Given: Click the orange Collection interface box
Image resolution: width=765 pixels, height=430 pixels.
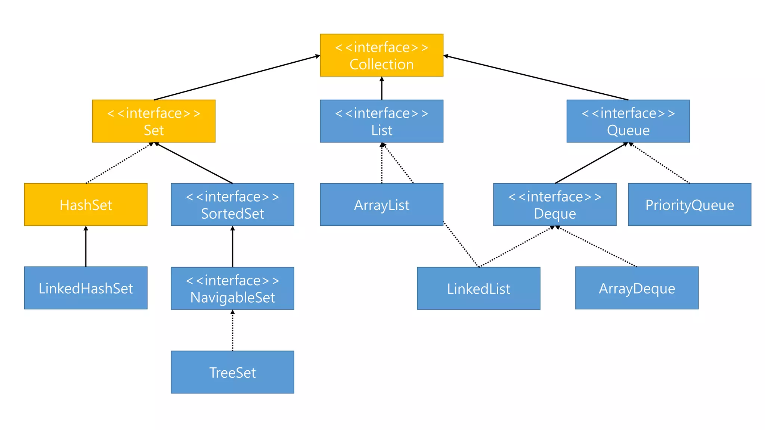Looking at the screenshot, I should [x=381, y=55].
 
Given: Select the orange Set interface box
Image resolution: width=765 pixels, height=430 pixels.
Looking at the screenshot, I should [x=154, y=121].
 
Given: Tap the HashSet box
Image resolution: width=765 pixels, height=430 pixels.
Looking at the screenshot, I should [x=86, y=205].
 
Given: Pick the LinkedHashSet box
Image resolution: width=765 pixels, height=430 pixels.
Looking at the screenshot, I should [x=86, y=288].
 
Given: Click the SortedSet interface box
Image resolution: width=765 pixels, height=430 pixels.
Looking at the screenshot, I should [x=232, y=205].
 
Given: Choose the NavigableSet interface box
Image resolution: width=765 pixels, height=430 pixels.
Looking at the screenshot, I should [x=232, y=288].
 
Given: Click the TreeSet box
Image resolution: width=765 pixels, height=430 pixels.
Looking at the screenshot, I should [x=232, y=372].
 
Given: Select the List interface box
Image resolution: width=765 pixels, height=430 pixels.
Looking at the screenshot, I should [x=381, y=121].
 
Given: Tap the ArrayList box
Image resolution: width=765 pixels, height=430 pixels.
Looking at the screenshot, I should [x=381, y=205].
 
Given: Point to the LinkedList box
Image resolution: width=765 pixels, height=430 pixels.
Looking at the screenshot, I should [x=478, y=288].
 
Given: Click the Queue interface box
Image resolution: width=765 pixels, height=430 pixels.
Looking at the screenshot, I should [x=628, y=121].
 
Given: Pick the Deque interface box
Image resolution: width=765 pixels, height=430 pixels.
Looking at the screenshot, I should [x=555, y=205].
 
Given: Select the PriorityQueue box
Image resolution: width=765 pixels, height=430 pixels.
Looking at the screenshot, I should [x=690, y=205].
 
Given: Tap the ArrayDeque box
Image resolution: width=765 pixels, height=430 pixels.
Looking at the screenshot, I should [x=637, y=288].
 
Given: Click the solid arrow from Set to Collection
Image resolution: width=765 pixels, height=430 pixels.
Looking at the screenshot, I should [x=237, y=78].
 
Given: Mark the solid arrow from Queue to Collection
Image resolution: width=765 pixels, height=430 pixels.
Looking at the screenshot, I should [x=536, y=78].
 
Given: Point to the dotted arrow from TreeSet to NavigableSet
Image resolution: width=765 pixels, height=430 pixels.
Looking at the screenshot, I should [x=232, y=330].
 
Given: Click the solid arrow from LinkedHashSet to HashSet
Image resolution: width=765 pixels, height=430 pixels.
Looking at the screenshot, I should [x=86, y=246].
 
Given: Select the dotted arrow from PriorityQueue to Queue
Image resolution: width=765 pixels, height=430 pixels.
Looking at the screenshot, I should [x=660, y=163].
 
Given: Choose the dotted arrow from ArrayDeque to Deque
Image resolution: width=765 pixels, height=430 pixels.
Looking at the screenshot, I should [x=597, y=247].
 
